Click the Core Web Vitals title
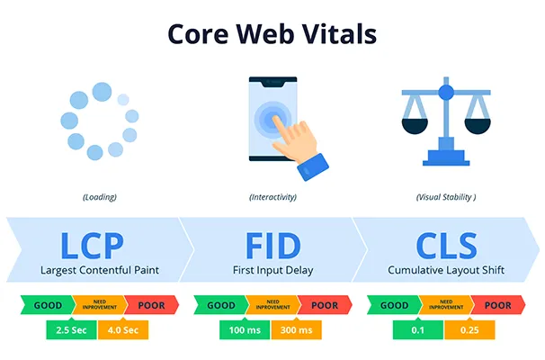272,34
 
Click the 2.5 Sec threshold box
72,328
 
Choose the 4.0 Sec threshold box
123,328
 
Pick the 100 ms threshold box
244,328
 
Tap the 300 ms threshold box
296,328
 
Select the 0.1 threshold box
417,328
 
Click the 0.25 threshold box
469,328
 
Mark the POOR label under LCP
150,305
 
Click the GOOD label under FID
220,305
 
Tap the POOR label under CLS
497,305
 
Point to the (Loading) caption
99,196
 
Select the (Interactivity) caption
272,196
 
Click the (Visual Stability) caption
445,196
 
